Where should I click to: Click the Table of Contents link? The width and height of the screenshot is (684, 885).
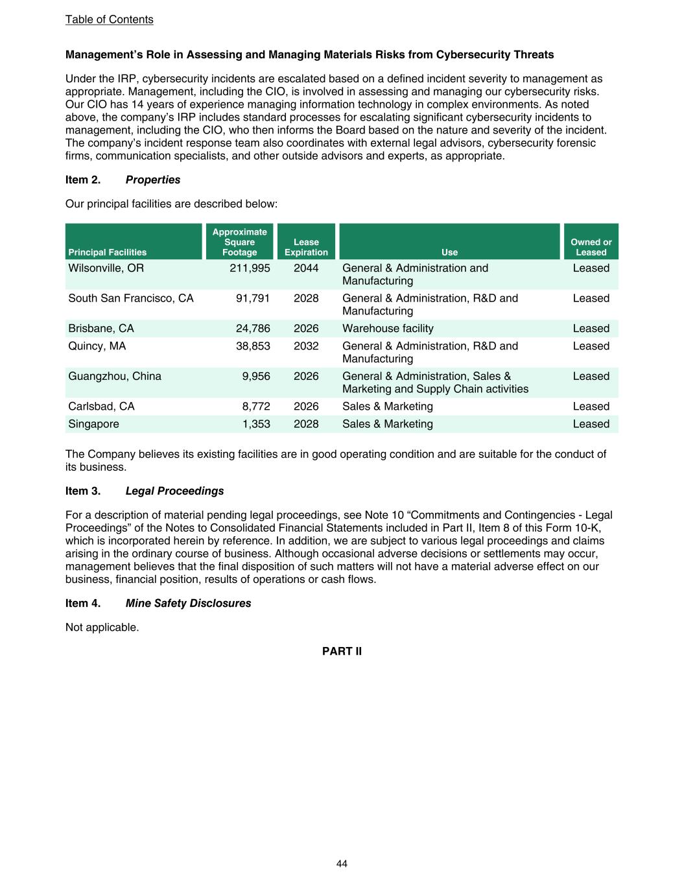[109, 19]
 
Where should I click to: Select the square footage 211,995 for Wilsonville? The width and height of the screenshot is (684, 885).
[250, 268]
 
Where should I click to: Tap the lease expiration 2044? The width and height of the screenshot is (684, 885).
[306, 268]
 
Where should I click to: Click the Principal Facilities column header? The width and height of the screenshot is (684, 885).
[108, 252]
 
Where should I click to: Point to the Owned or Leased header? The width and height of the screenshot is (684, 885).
[591, 247]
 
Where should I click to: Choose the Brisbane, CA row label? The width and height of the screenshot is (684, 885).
[101, 329]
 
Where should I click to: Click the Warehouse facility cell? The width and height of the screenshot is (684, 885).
[388, 329]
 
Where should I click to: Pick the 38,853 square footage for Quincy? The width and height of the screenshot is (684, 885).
[253, 346]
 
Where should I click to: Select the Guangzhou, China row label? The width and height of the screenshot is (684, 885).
[115, 377]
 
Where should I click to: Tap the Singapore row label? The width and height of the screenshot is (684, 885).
[94, 424]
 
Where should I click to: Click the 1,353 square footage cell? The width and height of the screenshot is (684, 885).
[256, 424]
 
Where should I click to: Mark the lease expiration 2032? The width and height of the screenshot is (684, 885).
[306, 346]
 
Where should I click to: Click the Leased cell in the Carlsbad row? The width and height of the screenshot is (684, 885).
[591, 407]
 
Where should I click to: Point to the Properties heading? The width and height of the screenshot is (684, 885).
[153, 180]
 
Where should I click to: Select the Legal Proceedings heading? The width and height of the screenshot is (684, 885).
[174, 491]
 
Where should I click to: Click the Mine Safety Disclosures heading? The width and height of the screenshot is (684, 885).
[188, 604]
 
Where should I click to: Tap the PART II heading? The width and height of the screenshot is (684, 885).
[342, 652]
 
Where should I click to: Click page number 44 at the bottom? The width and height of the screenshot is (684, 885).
[342, 864]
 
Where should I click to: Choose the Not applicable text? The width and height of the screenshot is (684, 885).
[102, 628]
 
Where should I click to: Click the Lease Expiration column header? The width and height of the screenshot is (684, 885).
[306, 247]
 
